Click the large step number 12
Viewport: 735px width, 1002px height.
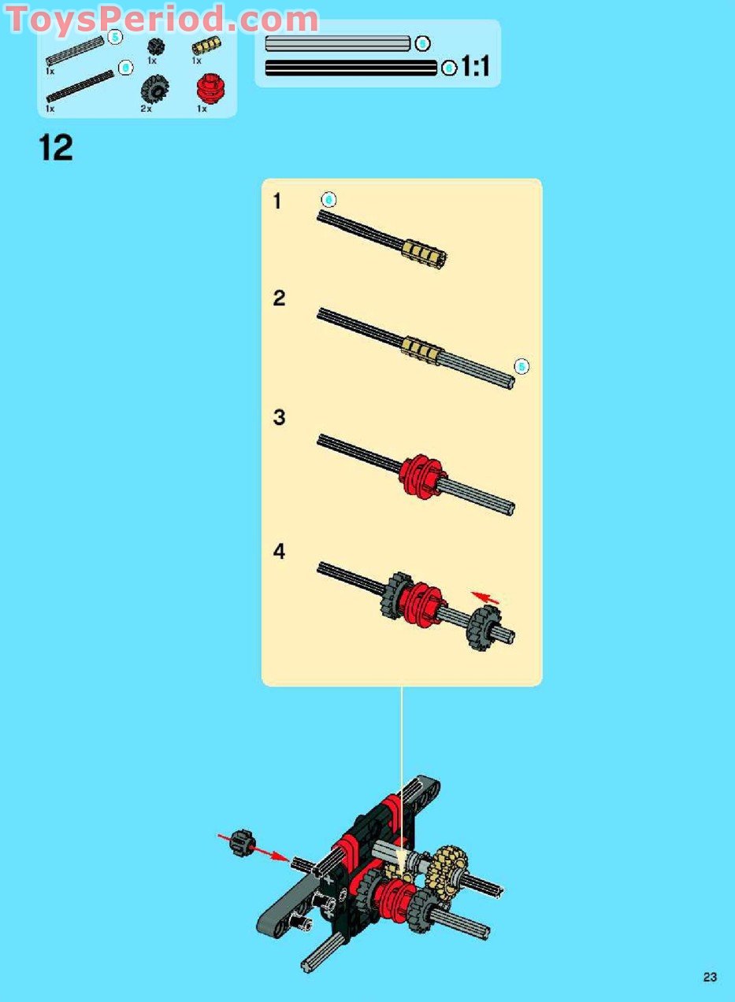point(56,147)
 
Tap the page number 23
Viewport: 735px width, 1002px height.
point(710,977)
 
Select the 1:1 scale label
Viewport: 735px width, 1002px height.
point(475,68)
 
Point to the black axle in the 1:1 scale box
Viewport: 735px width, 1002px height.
point(351,68)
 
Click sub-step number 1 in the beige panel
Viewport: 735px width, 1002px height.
point(277,202)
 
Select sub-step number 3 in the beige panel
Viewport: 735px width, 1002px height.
point(279,417)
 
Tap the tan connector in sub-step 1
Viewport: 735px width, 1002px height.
point(425,252)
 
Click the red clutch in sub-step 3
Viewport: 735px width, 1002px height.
point(423,477)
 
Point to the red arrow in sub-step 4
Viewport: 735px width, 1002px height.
point(484,598)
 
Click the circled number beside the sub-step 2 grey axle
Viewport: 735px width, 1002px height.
point(521,366)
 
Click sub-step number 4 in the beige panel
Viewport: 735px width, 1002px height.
point(279,553)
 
